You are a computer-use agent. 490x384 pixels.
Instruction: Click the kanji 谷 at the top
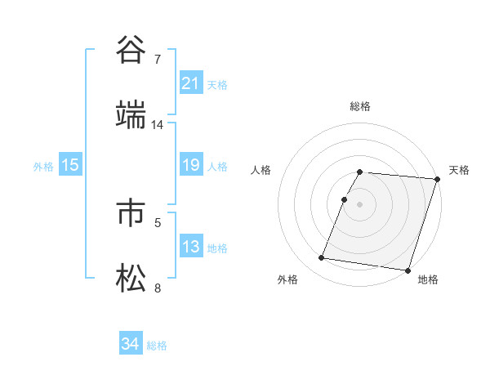coord(131,51)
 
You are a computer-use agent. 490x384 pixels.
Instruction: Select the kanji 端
coord(131,116)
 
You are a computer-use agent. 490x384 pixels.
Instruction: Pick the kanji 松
coord(131,279)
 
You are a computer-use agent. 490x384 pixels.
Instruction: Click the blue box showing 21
coord(190,83)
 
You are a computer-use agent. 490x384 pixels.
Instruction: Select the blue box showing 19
coord(190,166)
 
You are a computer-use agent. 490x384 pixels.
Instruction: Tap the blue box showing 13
coord(190,247)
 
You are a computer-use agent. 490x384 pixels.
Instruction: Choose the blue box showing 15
coord(70,166)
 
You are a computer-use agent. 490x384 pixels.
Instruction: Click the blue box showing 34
coord(130,345)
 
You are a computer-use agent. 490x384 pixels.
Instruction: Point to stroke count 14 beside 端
coord(158,125)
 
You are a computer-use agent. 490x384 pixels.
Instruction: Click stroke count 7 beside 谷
coord(157,60)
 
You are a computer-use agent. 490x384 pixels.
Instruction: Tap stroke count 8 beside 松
coord(157,288)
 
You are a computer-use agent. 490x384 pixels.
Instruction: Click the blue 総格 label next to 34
coord(157,346)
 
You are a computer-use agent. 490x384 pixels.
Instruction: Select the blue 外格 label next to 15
coord(43,167)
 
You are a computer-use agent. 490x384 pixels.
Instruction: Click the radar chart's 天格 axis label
coord(459,170)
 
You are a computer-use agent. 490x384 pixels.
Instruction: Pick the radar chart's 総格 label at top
coord(360,106)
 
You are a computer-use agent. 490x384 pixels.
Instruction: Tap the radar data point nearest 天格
coord(437,179)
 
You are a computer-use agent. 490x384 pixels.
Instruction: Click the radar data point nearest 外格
coord(322,258)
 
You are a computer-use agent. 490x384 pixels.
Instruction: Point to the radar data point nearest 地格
coord(408,270)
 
